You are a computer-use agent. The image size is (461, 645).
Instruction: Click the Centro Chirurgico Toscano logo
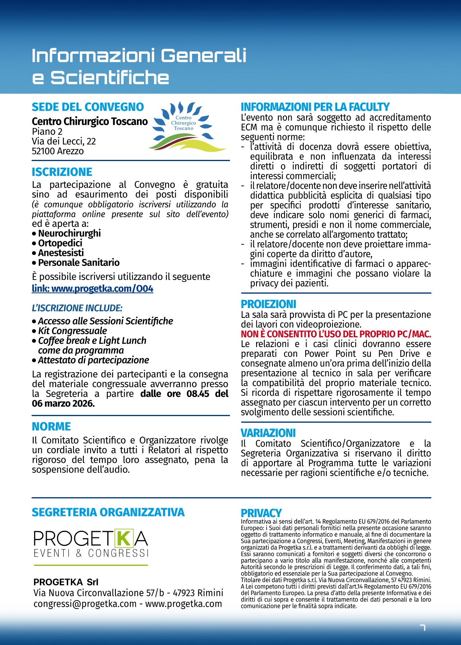pyautogui.click(x=187, y=126)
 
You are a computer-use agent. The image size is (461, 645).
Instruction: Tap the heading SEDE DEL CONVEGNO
pyautogui.click(x=88, y=107)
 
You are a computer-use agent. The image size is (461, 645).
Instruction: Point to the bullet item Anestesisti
pyautogui.click(x=61, y=253)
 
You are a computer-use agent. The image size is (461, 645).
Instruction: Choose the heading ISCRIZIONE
pyautogui.click(x=62, y=172)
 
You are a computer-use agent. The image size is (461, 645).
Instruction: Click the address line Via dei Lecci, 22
pyautogui.click(x=64, y=141)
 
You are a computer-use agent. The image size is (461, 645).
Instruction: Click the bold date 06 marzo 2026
pyautogui.click(x=63, y=404)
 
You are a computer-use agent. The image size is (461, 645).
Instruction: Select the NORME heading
pyautogui.click(x=51, y=427)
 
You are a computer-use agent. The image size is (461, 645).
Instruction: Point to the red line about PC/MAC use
pyautogui.click(x=336, y=334)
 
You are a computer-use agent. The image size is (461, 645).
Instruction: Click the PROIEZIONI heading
pyautogui.click(x=269, y=304)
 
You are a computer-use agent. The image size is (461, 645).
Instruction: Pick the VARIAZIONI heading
pyautogui.click(x=268, y=433)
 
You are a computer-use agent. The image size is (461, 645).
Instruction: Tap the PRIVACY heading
pyautogui.click(x=261, y=513)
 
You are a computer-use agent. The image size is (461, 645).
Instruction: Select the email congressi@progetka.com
pyautogui.click(x=85, y=604)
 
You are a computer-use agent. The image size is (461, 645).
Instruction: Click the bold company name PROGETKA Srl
pyautogui.click(x=66, y=582)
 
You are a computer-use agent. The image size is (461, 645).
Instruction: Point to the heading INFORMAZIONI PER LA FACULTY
pyautogui.click(x=315, y=107)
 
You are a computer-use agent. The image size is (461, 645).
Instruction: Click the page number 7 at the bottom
pyautogui.click(x=422, y=627)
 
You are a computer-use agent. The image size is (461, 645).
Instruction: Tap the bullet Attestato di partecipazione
pyautogui.click(x=93, y=360)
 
